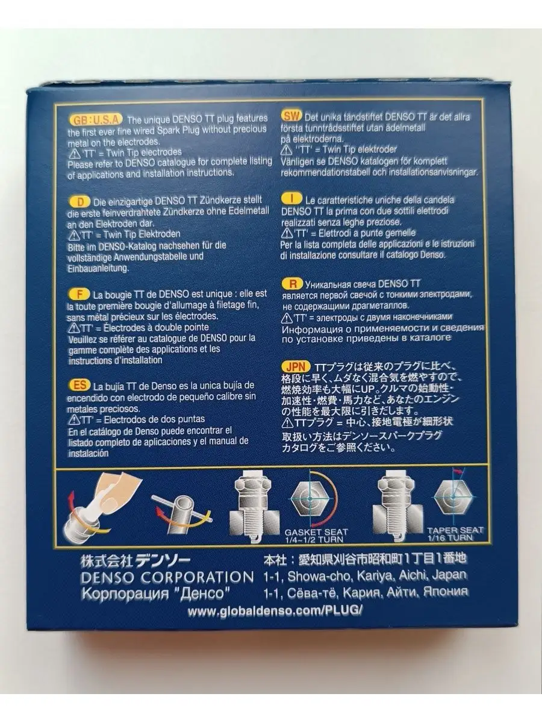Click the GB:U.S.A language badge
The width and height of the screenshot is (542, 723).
coord(96,119)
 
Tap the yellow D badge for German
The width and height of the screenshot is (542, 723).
coord(79,201)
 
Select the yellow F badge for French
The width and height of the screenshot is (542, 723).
coord(79,294)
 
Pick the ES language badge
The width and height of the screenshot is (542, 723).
coord(79,385)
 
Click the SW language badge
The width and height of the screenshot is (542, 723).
coord(291,116)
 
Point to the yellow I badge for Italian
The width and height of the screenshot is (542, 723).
coord(291,199)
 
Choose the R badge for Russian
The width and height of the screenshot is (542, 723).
coord(293,284)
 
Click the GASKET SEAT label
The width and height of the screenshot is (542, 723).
coord(316,532)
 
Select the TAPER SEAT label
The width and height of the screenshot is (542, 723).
coord(455,530)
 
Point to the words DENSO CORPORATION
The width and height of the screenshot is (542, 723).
coord(167,577)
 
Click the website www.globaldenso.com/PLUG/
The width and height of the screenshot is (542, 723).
coord(275,610)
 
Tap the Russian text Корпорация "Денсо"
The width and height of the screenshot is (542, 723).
coord(155,593)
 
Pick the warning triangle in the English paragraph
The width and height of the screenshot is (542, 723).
coord(74,153)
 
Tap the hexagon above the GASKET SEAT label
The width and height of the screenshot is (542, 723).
coord(310,499)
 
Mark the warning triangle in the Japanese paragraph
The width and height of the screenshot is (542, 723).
coord(288,422)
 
